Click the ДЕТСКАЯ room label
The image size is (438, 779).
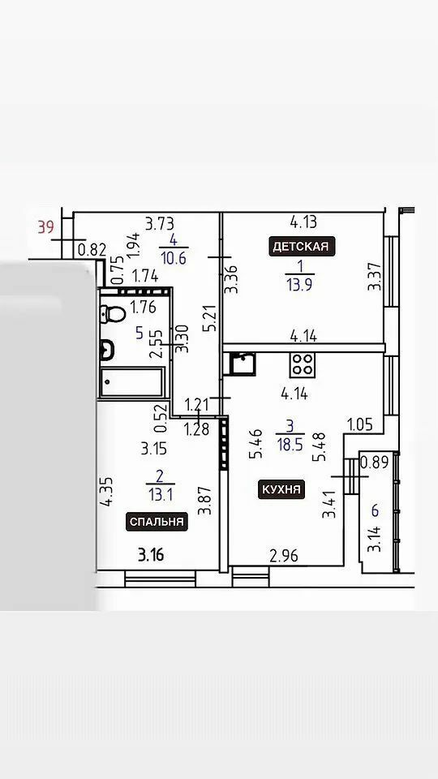[x=302, y=247]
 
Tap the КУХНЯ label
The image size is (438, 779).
[x=281, y=489]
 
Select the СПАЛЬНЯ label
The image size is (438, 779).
[x=157, y=522]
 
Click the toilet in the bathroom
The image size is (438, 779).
[x=113, y=314]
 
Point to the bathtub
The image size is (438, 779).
[x=131, y=382]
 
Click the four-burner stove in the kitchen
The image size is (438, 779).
[x=303, y=365]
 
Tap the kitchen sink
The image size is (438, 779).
[x=243, y=364]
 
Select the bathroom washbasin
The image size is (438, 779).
[x=107, y=350]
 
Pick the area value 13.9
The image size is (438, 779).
[x=299, y=285]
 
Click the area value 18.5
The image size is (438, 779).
[x=290, y=444]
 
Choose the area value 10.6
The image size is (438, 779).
[x=174, y=258]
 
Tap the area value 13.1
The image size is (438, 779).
[x=161, y=494]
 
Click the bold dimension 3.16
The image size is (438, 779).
[x=151, y=555]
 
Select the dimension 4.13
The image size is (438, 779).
[x=303, y=222]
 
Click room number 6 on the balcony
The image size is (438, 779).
[x=375, y=510]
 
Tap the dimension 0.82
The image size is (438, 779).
[x=92, y=250]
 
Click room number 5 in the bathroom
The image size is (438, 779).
[x=140, y=333]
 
